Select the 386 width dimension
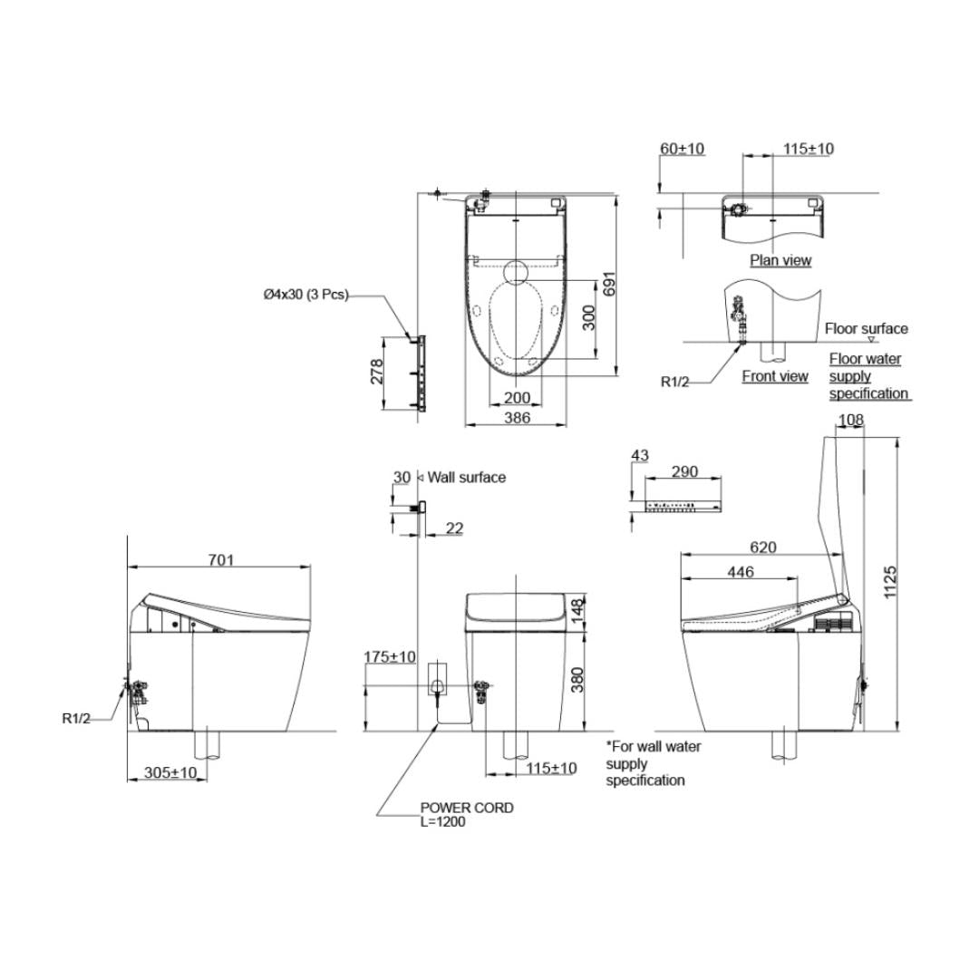[517, 418]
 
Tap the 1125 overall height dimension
[890, 582]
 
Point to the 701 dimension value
[221, 560]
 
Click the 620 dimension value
[763, 547]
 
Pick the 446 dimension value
[741, 571]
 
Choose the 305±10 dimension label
[170, 772]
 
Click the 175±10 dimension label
[390, 657]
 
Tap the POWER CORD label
[467, 808]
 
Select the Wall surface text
[467, 478]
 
